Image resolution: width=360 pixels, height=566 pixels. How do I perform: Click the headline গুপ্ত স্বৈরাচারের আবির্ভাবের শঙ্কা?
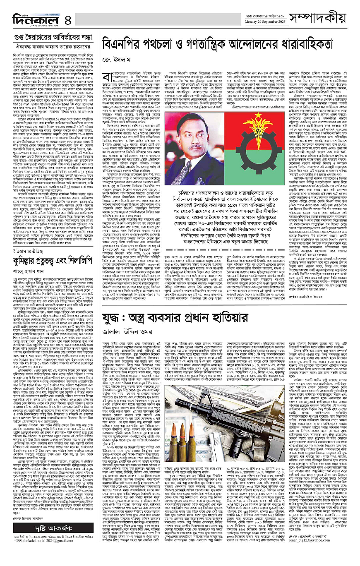[x=51, y=37]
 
